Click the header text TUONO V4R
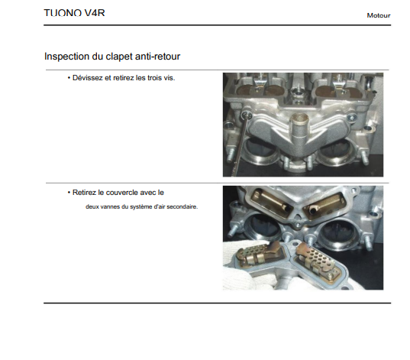(74, 13)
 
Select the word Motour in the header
(379, 15)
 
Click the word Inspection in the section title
(66, 57)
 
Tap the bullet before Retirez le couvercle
(69, 193)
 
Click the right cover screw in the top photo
(351, 117)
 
